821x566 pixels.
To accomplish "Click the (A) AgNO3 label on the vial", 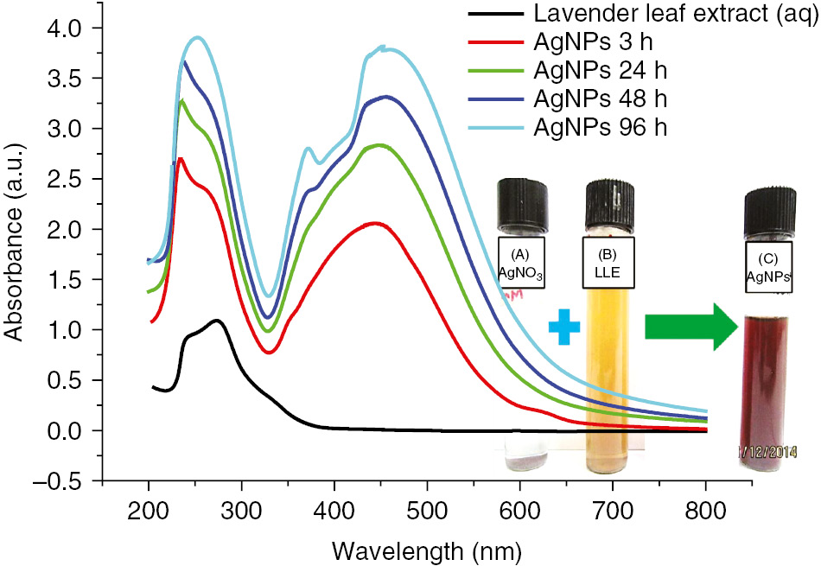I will point(520,263).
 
